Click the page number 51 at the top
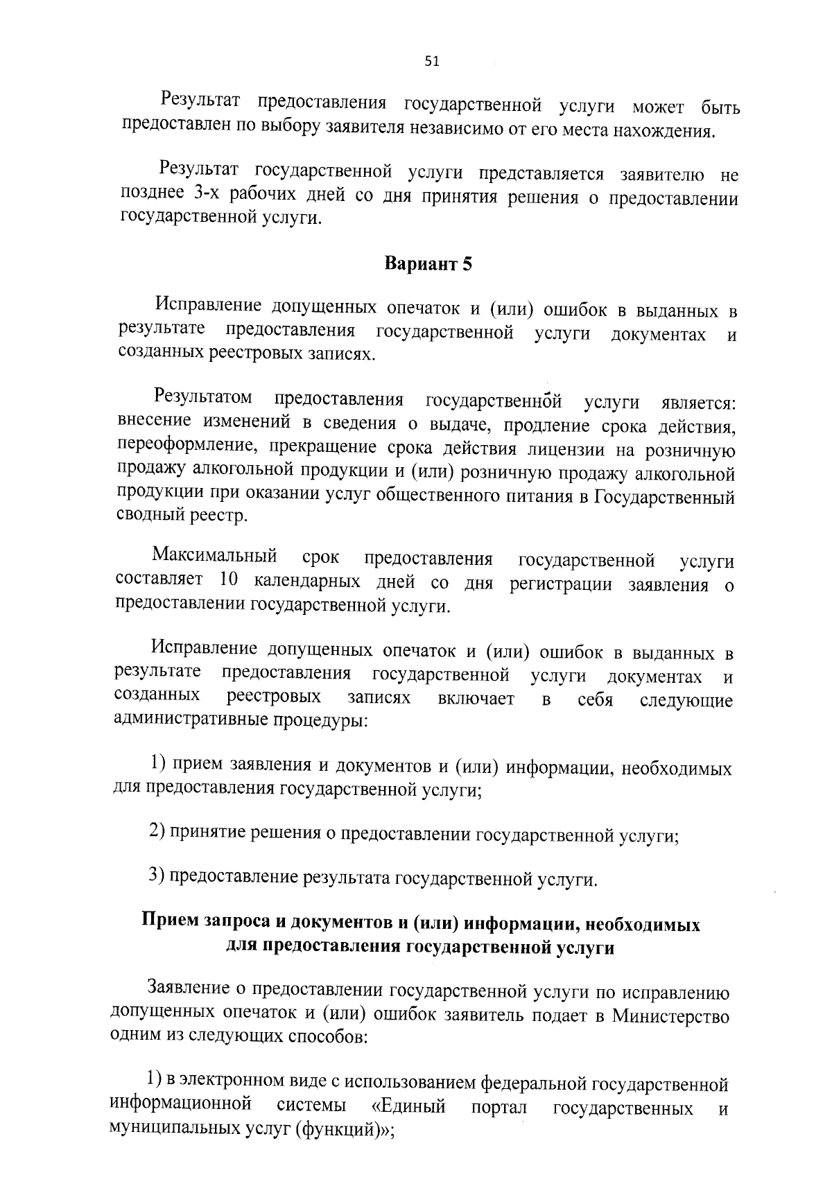tap(431, 62)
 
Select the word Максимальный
tap(215, 556)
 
